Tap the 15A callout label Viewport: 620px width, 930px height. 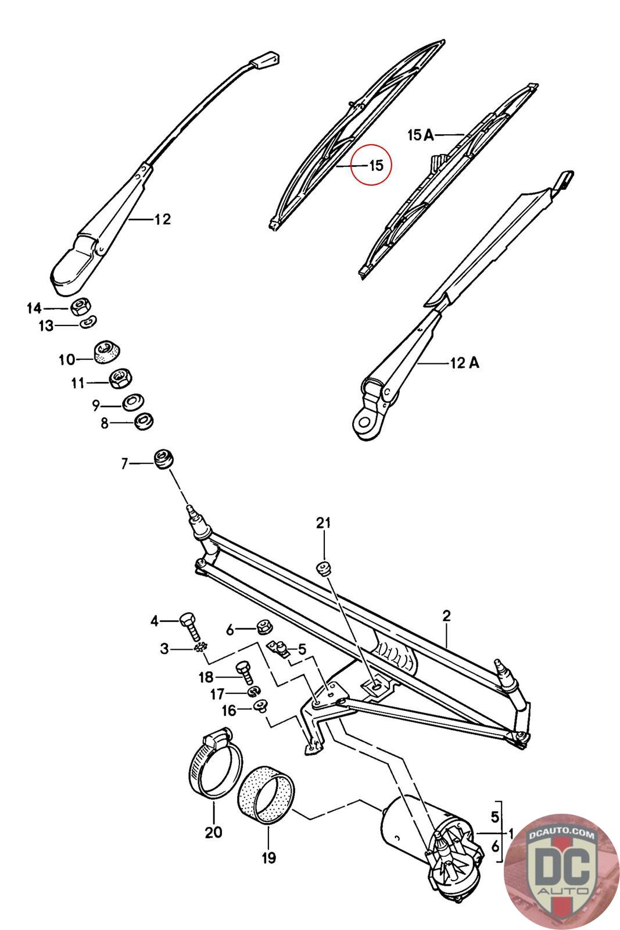coord(421,135)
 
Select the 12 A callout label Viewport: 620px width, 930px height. coord(464,363)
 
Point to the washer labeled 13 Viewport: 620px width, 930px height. coord(88,321)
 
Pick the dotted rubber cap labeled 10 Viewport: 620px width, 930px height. coord(106,352)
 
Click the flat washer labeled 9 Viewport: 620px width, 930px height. coord(132,402)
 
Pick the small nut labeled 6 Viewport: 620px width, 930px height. coord(265,627)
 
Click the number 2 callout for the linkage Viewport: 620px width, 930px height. coord(446,616)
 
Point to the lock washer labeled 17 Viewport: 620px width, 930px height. coord(253,691)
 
